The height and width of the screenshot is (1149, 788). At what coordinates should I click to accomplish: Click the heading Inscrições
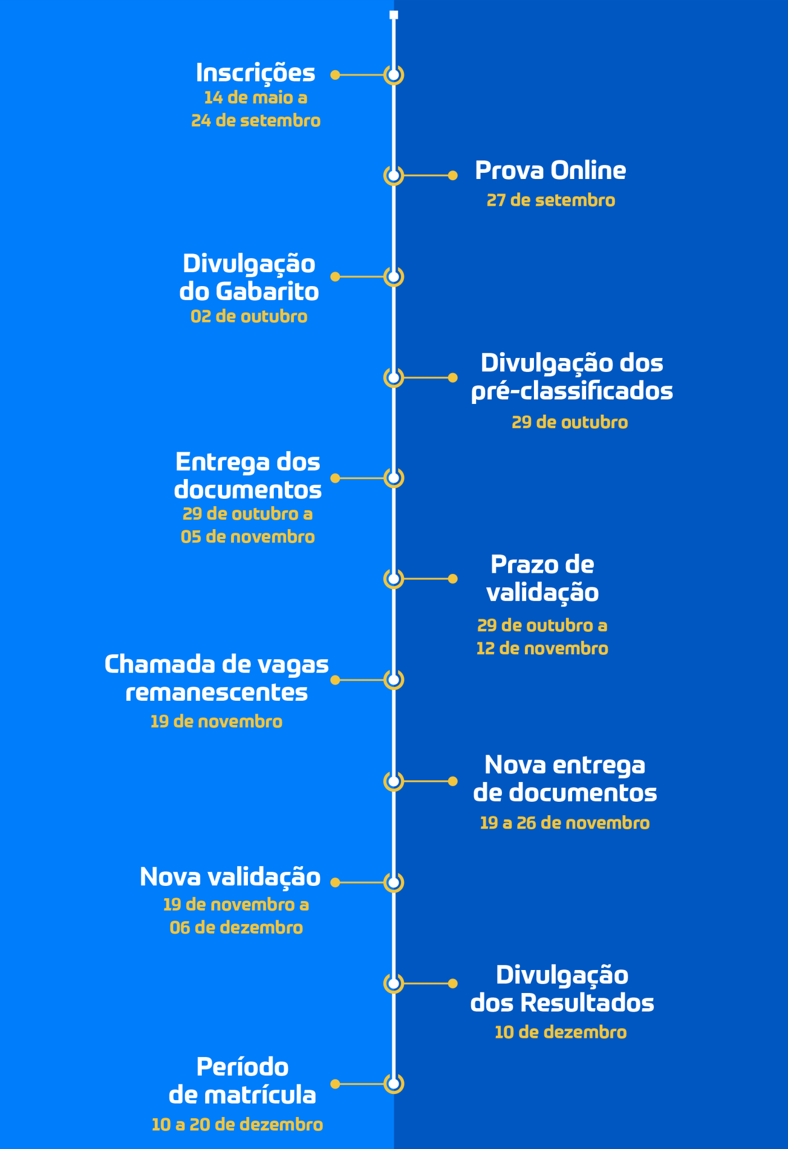point(256,73)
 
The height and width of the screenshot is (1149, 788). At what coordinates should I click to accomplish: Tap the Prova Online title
point(550,171)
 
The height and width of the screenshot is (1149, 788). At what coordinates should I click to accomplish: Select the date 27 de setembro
point(551,200)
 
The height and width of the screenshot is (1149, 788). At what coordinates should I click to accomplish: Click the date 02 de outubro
point(249,316)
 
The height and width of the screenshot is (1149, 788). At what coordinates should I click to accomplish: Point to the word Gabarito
point(267,292)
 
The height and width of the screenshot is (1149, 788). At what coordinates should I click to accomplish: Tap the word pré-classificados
point(572,392)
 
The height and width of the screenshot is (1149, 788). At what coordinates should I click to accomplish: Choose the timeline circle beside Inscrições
point(394,75)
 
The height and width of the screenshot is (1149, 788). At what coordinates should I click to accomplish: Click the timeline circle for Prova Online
point(394,176)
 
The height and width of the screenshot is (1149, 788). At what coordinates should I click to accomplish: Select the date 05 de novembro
point(248,537)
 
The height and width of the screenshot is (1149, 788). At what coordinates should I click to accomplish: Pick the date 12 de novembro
point(542,649)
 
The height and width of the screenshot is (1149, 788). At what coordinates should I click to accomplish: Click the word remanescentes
point(216,692)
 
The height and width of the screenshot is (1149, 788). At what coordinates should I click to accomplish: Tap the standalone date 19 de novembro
point(216,721)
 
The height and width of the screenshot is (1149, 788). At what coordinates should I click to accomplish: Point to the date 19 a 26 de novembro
point(565,823)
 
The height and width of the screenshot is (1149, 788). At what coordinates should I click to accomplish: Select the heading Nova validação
point(230,877)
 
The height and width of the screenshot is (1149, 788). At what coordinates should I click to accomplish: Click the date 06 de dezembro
point(236,927)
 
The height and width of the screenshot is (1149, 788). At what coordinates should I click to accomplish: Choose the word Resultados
point(587,1003)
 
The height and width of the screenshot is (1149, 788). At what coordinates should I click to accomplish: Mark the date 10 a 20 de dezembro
point(237,1125)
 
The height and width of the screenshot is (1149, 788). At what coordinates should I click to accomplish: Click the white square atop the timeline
point(394,15)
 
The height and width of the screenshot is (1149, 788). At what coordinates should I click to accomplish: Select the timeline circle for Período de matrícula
point(394,1083)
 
